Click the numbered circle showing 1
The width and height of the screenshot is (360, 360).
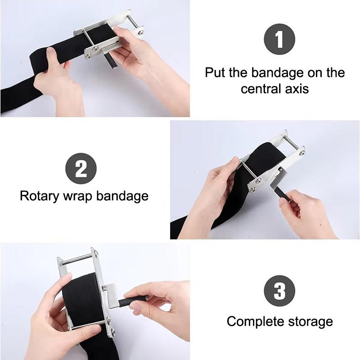point(279,39)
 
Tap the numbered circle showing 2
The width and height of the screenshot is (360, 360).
point(81,169)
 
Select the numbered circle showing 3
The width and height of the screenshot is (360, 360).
point(279,291)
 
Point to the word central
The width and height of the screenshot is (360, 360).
point(261,89)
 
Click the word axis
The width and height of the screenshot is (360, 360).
point(297,89)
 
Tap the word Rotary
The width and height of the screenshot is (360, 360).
point(40,197)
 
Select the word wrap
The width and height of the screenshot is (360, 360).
point(77,197)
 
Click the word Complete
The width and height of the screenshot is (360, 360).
point(256,322)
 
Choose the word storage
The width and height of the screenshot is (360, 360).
point(310,322)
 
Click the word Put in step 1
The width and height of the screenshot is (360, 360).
point(215,72)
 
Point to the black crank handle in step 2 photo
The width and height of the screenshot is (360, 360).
point(282,194)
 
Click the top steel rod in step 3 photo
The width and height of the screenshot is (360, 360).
point(77,260)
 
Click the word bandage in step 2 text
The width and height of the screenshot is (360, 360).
point(122,197)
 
